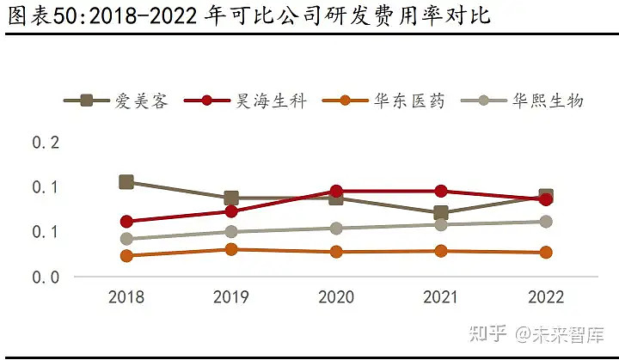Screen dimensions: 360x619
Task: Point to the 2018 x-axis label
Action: (126, 297)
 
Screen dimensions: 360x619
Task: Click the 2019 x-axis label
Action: (231, 297)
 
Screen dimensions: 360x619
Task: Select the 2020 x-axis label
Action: (336, 297)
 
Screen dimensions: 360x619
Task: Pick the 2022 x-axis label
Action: (546, 297)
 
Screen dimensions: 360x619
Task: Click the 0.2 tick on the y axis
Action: (46, 142)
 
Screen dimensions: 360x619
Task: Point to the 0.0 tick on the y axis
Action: (46, 277)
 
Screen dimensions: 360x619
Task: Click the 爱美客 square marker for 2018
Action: (126, 181)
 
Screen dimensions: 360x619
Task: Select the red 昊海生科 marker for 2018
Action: (126, 222)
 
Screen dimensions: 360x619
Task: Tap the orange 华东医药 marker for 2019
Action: (231, 249)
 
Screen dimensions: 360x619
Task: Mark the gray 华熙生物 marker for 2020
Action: (336, 229)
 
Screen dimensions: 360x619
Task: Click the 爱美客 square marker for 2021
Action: (441, 213)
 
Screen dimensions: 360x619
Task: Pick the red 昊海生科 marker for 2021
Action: (441, 191)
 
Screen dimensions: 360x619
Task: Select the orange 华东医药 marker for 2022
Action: (546, 253)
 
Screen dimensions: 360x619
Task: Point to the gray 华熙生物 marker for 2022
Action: (546, 222)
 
